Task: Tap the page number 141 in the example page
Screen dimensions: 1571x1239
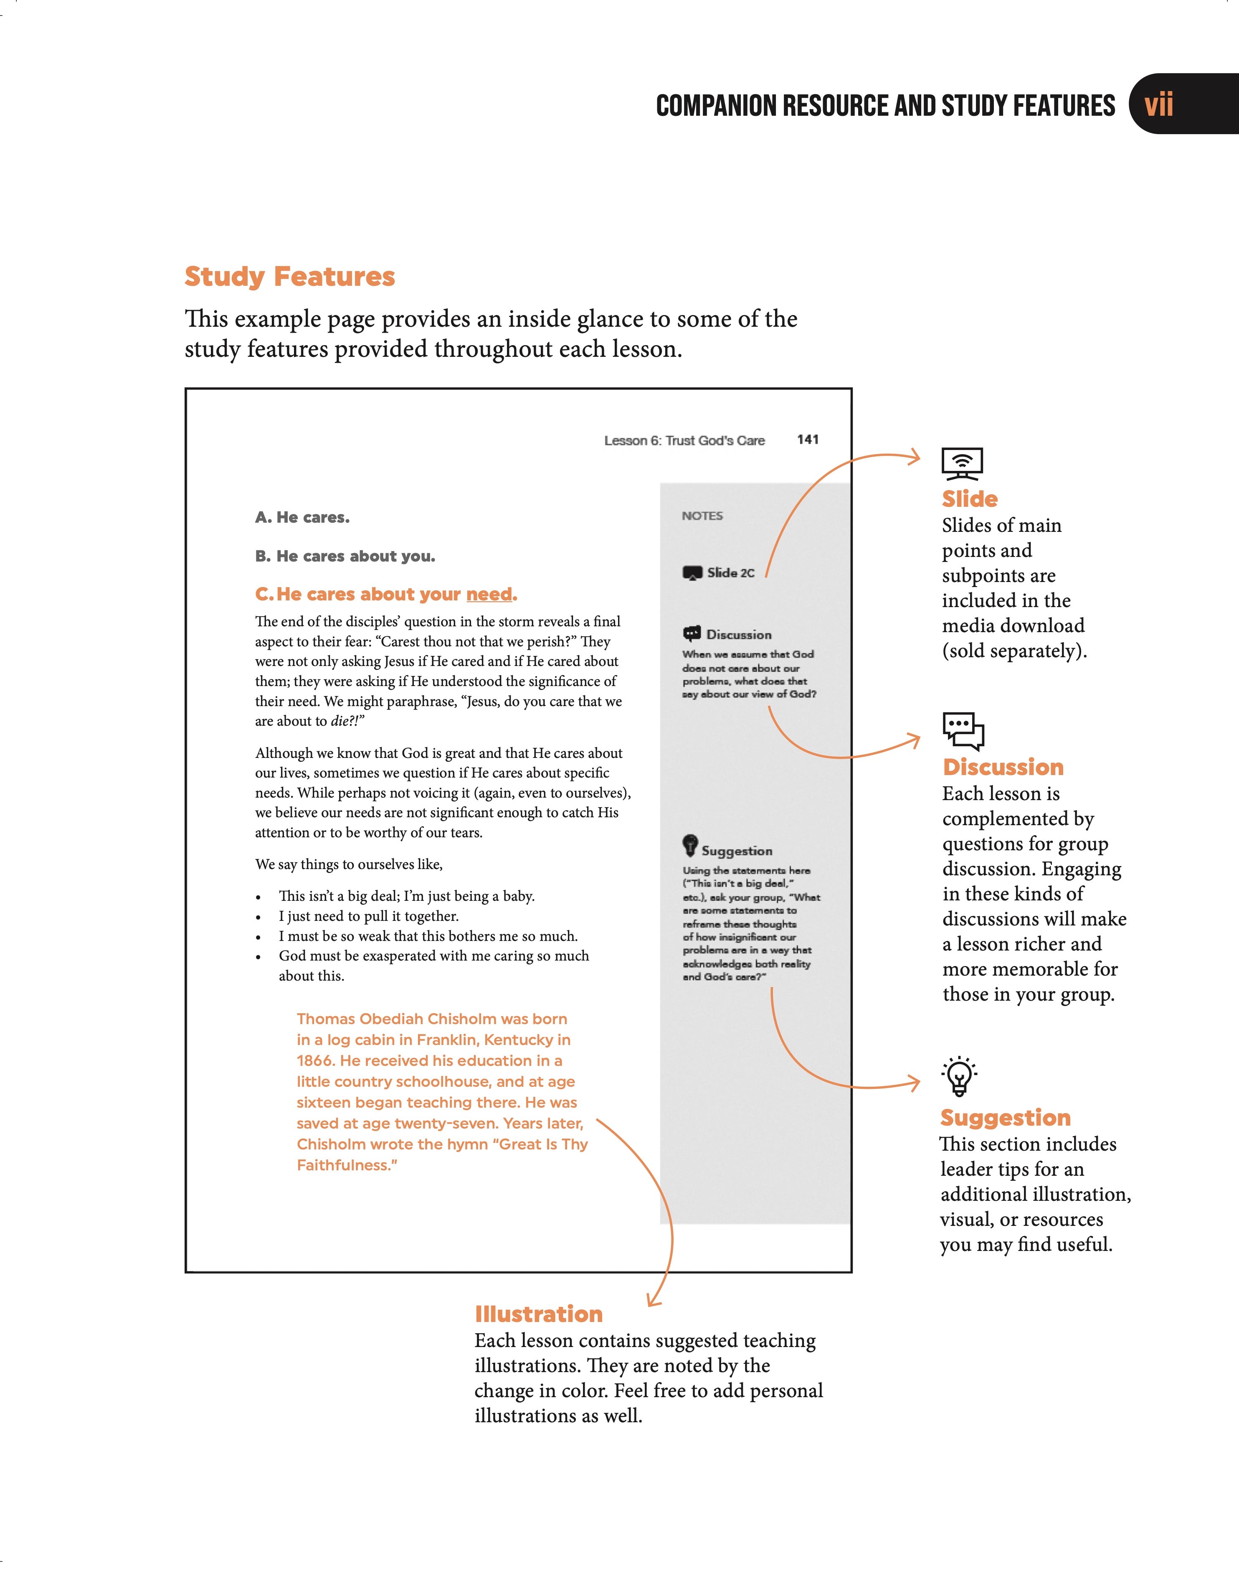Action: coord(807,440)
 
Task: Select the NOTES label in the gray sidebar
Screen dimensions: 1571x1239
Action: coord(702,516)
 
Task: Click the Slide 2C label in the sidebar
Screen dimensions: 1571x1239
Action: coord(730,572)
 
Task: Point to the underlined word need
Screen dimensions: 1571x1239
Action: coord(489,594)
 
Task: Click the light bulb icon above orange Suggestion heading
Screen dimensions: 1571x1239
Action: coord(959,1075)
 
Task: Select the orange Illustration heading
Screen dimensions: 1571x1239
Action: coord(538,1314)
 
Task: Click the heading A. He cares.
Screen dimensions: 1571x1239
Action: coord(302,517)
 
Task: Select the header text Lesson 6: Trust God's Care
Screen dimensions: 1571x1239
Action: coord(684,440)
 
